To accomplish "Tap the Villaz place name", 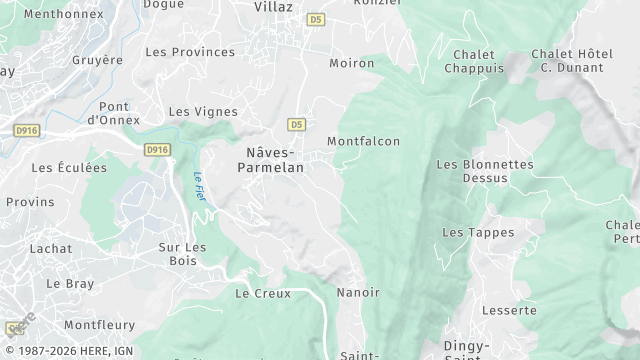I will tap(273, 6).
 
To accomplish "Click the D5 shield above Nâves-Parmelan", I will tap(295, 124).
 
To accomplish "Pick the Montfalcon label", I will tap(363, 142).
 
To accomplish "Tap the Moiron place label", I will tap(352, 64).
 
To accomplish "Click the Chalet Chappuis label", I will tap(476, 61).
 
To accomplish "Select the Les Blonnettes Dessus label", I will tap(485, 171).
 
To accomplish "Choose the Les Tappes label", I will tap(478, 233).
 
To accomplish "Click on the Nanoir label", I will tap(359, 292).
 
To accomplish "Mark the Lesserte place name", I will tap(509, 311).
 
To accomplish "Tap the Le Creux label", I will tap(262, 294).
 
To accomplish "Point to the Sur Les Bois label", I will tap(183, 254).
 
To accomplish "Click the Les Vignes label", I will tap(203, 112).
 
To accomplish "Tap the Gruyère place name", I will tap(97, 60).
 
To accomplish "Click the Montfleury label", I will tap(99, 326).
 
